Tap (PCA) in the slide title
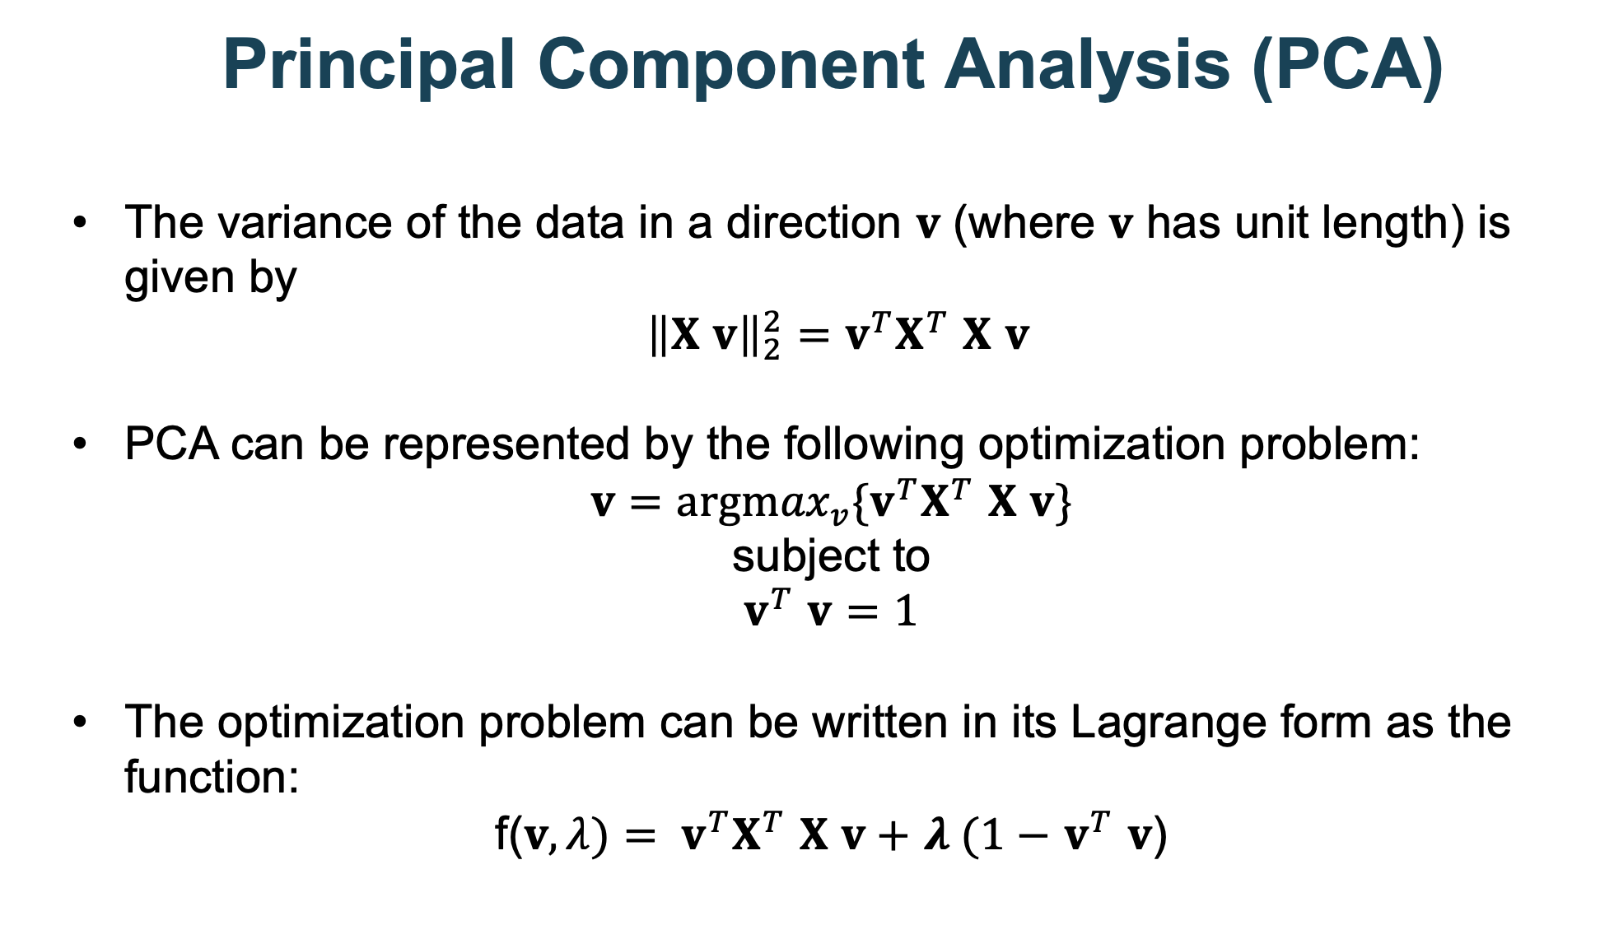(x=1347, y=66)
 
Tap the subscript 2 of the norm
(x=771, y=351)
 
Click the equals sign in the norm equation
(x=810, y=337)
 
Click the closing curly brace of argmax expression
(x=1064, y=502)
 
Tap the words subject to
(x=830, y=556)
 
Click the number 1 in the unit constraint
(x=906, y=612)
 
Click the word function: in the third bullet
(x=211, y=775)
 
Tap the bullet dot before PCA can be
(x=79, y=444)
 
